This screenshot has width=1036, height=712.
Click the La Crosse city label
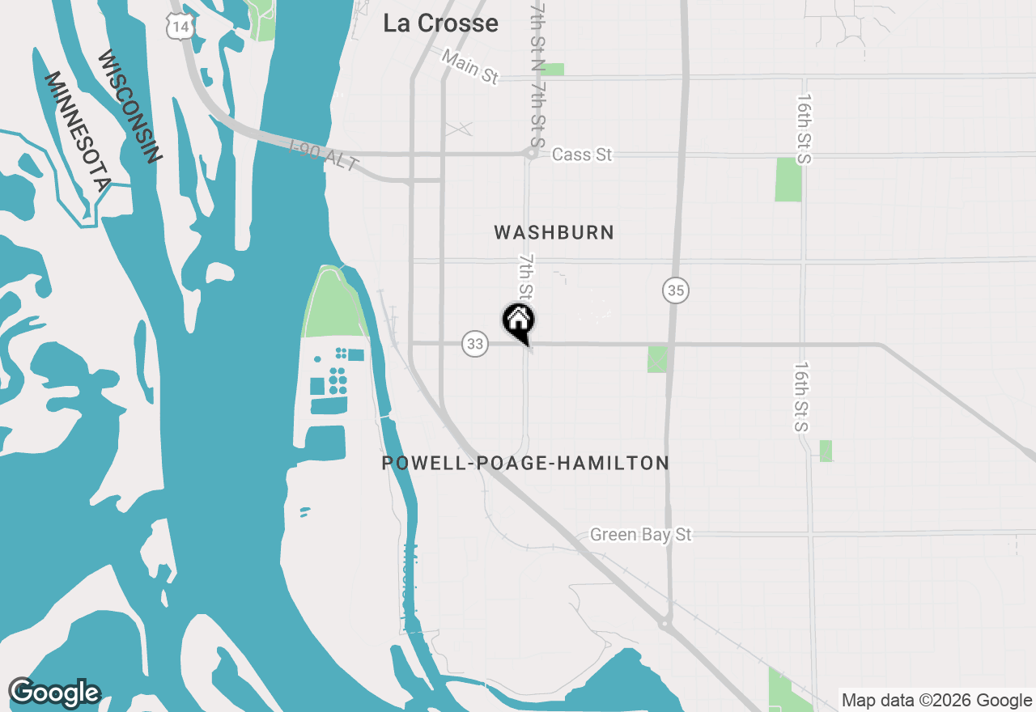[440, 23]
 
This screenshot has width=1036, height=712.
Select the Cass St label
[582, 155]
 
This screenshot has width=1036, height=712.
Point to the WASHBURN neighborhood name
[554, 233]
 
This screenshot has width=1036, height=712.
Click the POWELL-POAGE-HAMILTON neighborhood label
[525, 464]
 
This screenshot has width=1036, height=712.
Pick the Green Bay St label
[640, 535]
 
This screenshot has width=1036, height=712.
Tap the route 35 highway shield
[676, 290]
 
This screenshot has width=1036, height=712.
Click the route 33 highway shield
[475, 345]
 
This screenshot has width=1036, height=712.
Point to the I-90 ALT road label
[324, 155]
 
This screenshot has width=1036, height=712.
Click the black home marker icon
[518, 320]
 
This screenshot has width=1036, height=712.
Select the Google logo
[54, 693]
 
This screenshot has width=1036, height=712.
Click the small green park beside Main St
[553, 70]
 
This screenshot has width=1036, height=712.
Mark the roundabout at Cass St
[532, 152]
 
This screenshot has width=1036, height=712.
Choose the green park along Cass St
[788, 180]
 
